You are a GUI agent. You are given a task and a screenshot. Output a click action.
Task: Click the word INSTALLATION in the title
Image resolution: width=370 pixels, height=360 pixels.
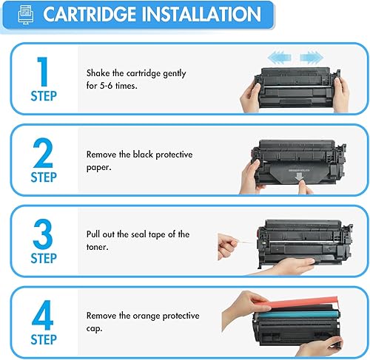(x=200, y=14)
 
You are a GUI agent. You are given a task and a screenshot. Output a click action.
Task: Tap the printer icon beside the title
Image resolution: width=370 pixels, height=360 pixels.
(x=24, y=15)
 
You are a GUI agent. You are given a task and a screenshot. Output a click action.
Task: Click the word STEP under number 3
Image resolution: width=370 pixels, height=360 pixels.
(x=43, y=259)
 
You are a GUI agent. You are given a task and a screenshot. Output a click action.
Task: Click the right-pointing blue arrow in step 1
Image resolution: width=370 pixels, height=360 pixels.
(x=311, y=55)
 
